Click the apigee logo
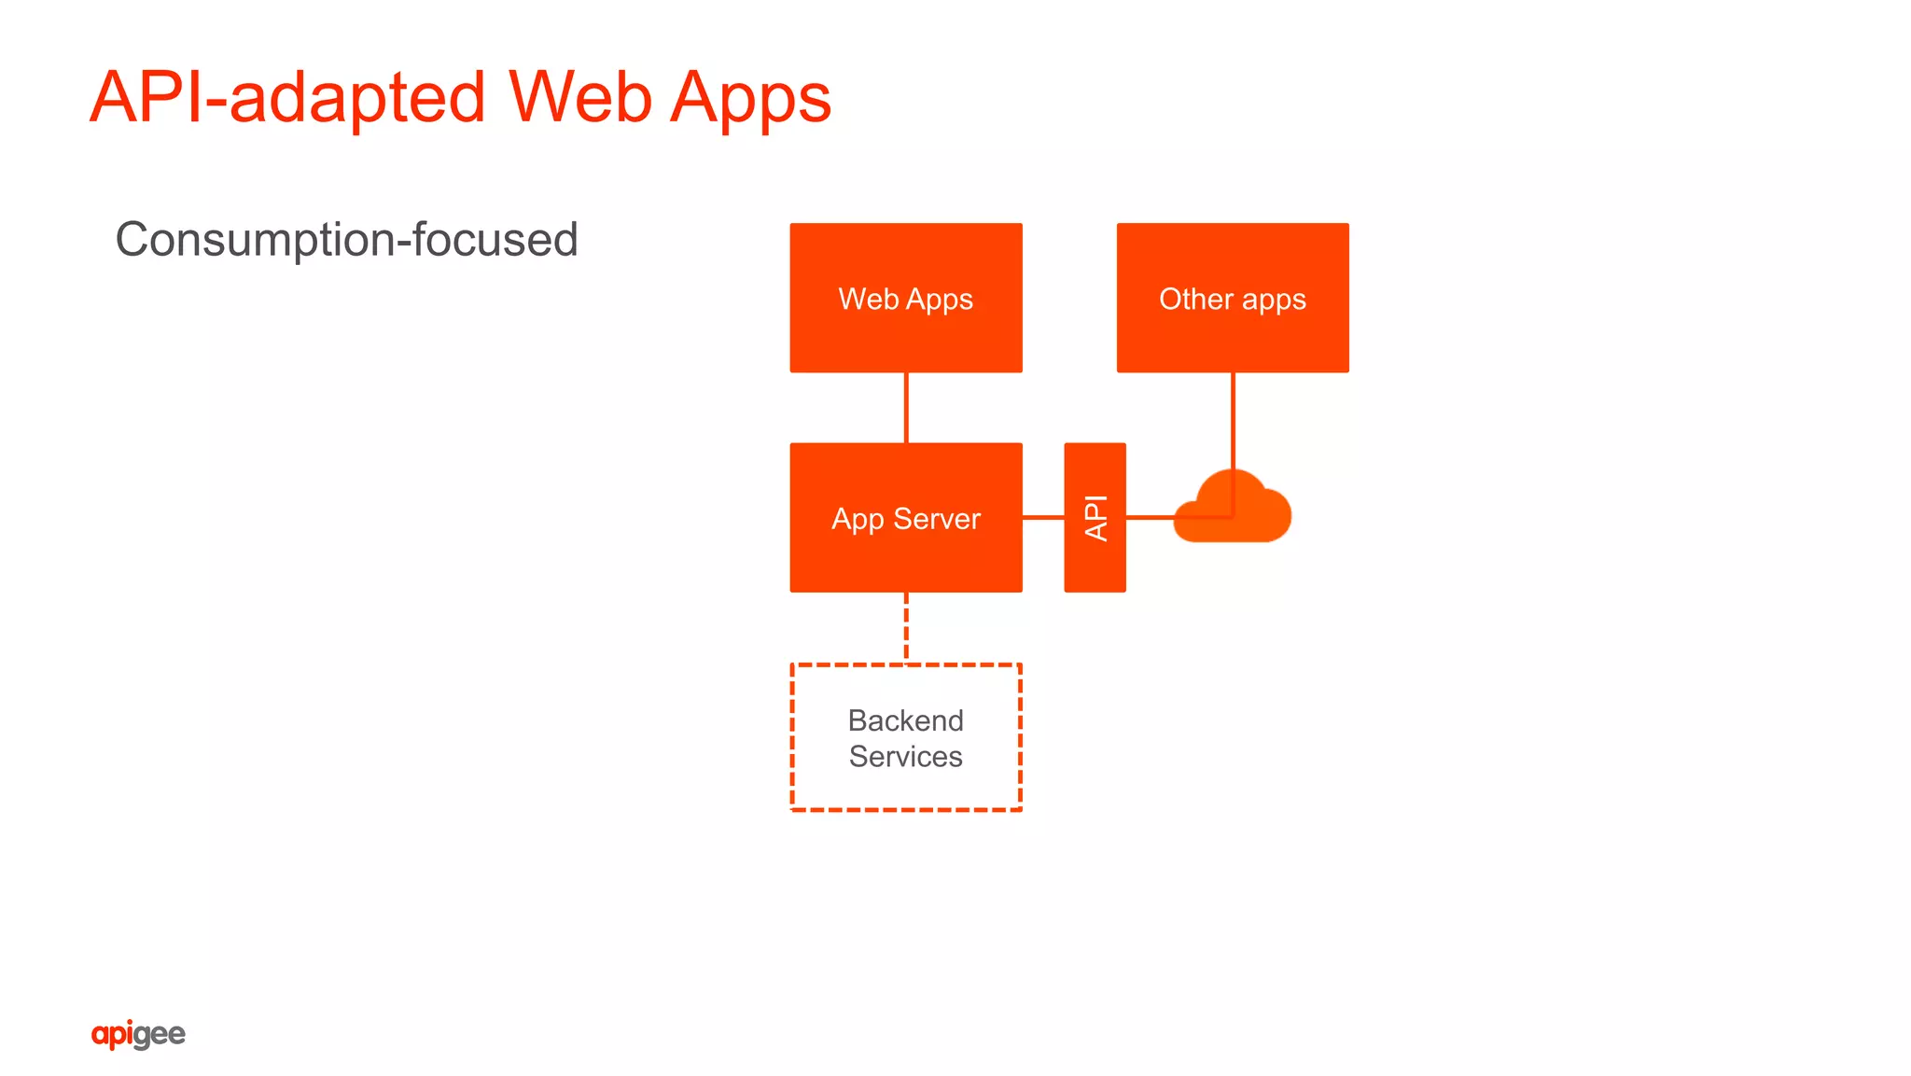coord(138,1034)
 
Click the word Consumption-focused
coord(346,240)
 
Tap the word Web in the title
coord(579,97)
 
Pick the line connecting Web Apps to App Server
coord(906,408)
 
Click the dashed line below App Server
coord(906,627)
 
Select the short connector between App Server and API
coord(1043,517)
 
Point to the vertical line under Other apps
coord(1233,420)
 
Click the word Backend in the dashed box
coord(905,720)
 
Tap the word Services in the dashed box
coord(905,757)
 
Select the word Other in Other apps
coord(1196,299)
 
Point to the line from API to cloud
coord(1150,517)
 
